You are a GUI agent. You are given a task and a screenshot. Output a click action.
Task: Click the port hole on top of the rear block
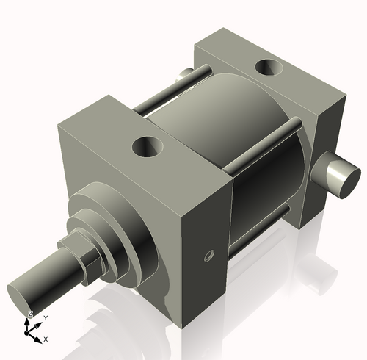[x=267, y=68]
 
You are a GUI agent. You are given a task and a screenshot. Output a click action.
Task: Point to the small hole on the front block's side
[x=208, y=256]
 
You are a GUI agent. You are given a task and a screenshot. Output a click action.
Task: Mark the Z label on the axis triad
[x=30, y=314]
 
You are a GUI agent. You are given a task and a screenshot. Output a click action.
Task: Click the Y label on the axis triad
[x=46, y=317]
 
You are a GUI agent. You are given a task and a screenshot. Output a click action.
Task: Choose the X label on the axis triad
[x=46, y=339]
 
